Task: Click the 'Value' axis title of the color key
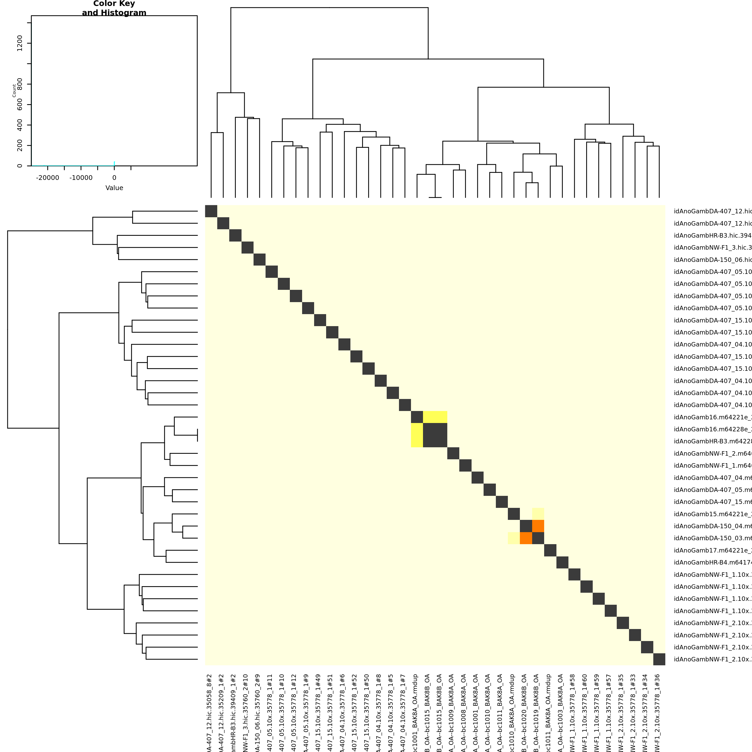tap(114, 188)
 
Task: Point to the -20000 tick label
tap(48, 178)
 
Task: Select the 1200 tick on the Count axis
tap(20, 43)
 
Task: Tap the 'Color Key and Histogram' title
tap(114, 8)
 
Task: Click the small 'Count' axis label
tap(14, 90)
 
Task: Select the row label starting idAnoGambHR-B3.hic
tap(712, 236)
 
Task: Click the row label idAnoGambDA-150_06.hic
tap(712, 260)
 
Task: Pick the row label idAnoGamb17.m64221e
tap(712, 550)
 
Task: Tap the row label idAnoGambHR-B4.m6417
tap(712, 562)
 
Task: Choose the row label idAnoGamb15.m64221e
tap(712, 514)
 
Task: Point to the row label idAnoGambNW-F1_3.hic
tap(712, 248)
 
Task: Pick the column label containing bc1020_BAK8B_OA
tap(524, 712)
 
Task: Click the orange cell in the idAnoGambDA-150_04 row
tap(538, 526)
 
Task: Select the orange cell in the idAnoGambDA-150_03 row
tap(526, 538)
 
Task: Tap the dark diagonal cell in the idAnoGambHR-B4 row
tap(562, 562)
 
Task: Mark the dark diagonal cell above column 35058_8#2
tap(211, 211)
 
